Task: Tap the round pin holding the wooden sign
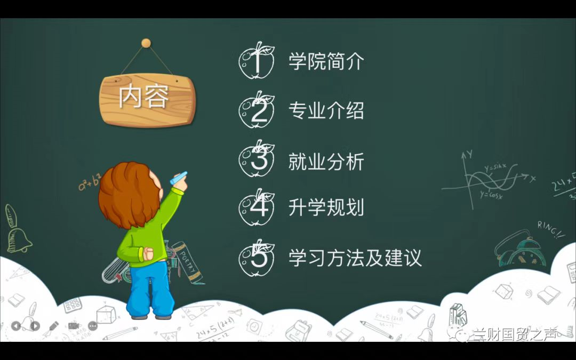[x=146, y=43]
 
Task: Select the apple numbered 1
[x=257, y=61]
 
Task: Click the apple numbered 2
[x=257, y=110]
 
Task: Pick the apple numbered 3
[x=257, y=159]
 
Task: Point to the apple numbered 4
[x=257, y=207]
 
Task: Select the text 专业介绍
[x=326, y=110]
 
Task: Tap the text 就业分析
[x=326, y=161]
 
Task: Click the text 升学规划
[x=326, y=207]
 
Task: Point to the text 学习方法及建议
[x=355, y=258]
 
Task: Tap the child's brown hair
[x=129, y=194]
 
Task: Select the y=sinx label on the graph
[x=495, y=168]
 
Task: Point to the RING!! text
[x=550, y=229]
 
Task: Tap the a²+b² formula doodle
[x=90, y=182]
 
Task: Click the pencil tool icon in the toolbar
[x=54, y=325]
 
